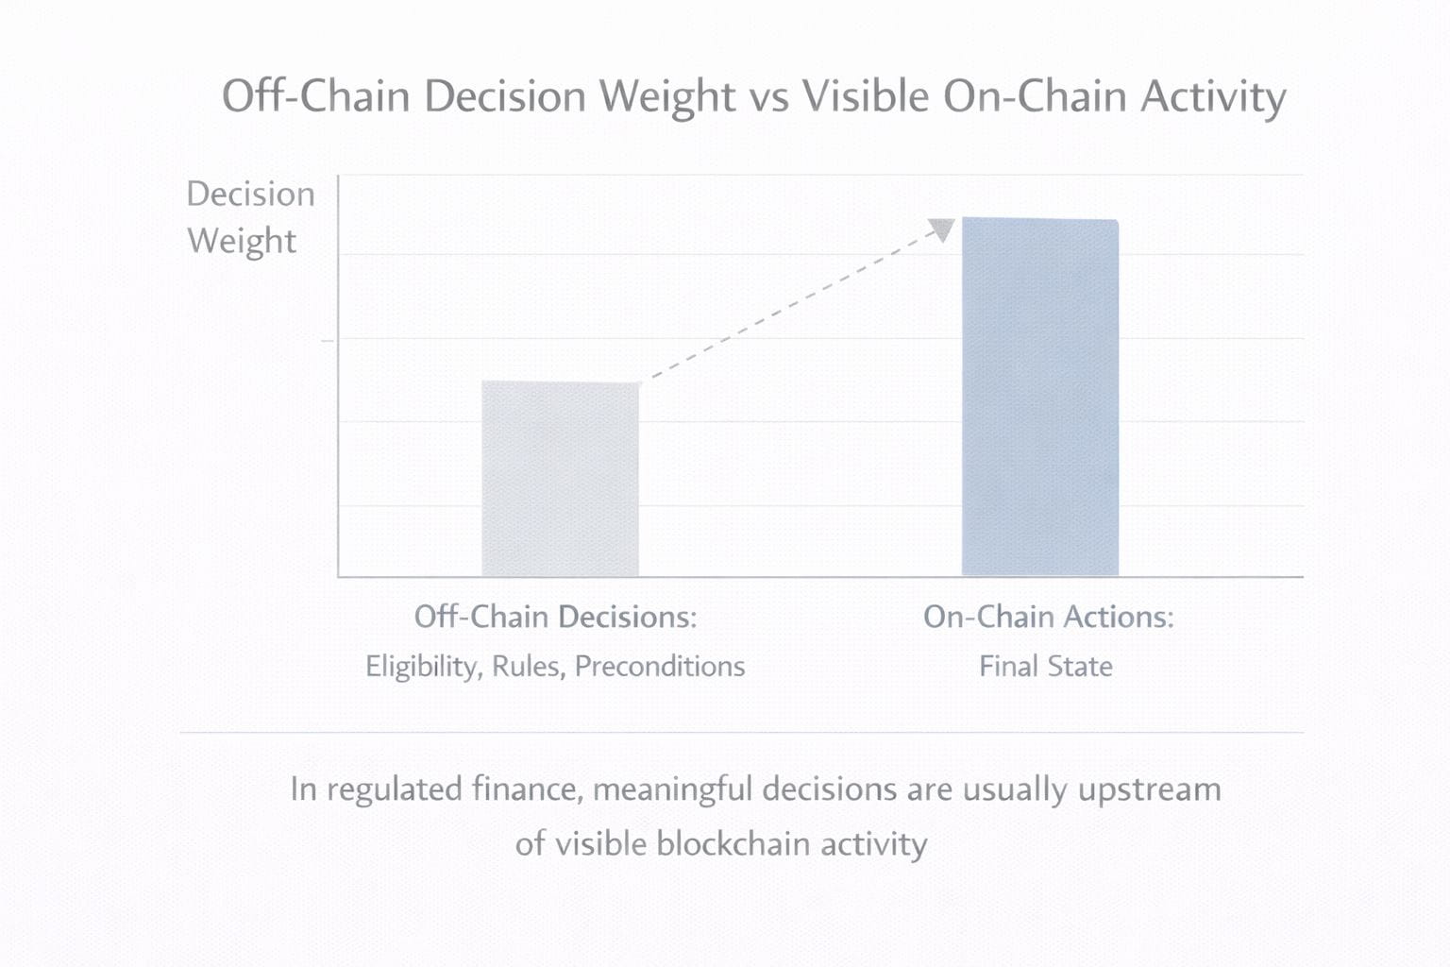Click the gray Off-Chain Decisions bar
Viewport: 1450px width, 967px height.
coord(561,479)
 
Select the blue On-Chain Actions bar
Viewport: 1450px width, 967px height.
coord(1040,397)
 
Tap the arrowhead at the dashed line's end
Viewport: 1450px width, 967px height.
coord(942,229)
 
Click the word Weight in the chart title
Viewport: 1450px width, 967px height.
coord(667,98)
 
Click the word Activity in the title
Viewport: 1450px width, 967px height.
coord(1213,98)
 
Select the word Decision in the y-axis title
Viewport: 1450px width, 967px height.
coord(250,194)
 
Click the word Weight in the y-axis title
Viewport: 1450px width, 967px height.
coord(242,241)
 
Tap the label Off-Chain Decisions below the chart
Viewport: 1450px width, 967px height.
coord(555,617)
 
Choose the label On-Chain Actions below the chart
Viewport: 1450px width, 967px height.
coord(1048,617)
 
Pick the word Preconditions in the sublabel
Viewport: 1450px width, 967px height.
coord(660,667)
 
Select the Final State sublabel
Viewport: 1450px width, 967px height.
coord(1046,667)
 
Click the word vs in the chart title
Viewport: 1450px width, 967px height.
coord(769,100)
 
